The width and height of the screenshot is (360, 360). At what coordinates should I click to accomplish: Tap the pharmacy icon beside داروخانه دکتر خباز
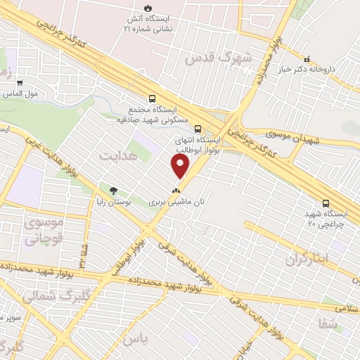(x=306, y=58)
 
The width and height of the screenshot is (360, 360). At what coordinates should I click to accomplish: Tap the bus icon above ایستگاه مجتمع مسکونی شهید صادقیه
(x=153, y=99)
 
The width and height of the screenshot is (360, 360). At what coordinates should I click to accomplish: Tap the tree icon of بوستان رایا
(x=112, y=190)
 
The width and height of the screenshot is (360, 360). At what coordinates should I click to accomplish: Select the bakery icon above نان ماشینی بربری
(x=176, y=190)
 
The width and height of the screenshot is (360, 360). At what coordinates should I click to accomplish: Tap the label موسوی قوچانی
(x=43, y=231)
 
